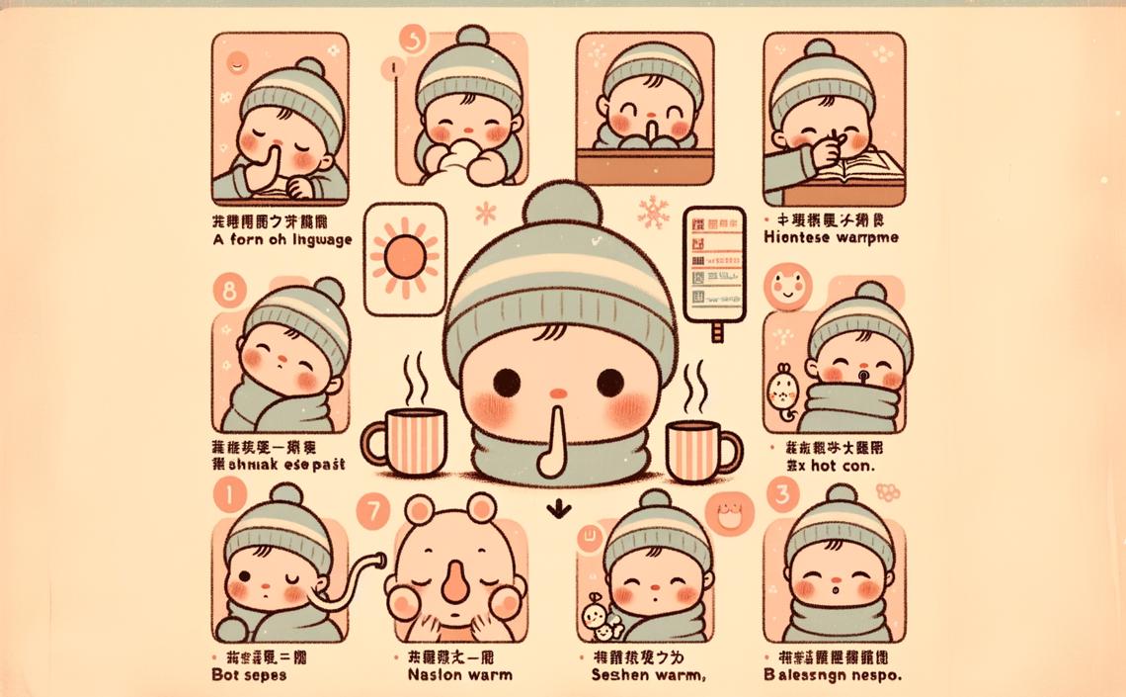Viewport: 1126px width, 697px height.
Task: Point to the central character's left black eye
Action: [x=506, y=381]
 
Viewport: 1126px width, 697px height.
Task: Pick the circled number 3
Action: [x=784, y=494]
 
